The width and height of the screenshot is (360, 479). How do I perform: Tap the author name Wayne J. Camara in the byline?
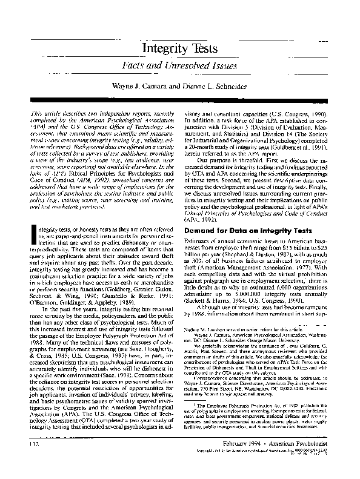point(136,88)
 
